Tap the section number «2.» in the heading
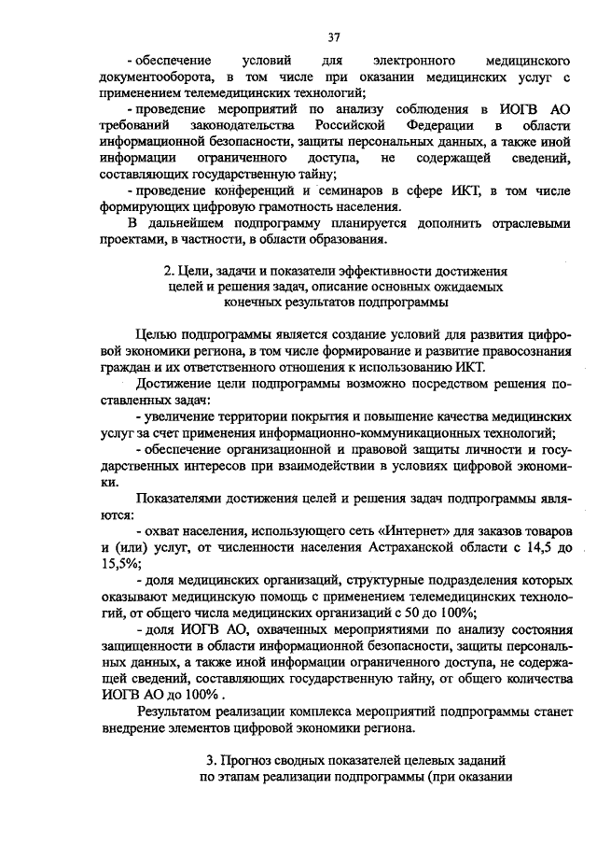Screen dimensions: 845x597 (x=168, y=271)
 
